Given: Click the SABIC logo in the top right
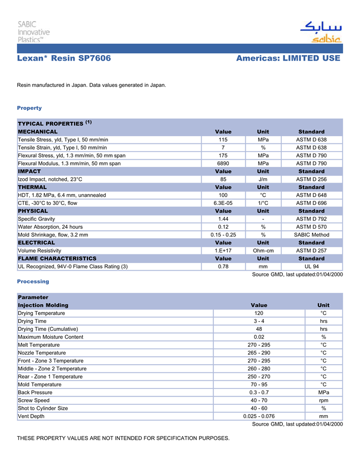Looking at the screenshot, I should tap(320, 31).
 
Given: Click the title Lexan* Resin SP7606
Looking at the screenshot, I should tap(64, 59).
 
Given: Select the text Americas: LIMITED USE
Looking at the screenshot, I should tap(288, 59).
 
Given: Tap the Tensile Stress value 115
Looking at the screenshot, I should tap(223, 140).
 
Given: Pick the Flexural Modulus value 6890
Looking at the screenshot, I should tap(223, 163).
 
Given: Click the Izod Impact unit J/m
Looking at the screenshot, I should tap(263, 179).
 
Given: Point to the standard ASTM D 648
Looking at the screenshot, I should tap(311, 195).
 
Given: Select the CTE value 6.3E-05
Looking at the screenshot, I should tap(223, 203).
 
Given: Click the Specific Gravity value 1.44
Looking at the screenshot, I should tap(223, 219).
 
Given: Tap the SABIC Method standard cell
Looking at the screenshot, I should tap(311, 235).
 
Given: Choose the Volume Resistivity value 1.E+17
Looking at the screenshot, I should tap(223, 251).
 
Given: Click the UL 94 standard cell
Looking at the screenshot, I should tap(311, 267).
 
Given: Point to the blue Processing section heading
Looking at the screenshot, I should tap(33, 282).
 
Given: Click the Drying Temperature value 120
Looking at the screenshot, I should tap(259, 313).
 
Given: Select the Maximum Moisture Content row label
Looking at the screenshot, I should tap(50, 337).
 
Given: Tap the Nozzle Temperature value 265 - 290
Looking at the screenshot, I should tap(259, 353).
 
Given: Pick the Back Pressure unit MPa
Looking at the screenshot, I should tap(323, 393).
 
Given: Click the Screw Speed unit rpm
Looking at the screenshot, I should tap(323, 400).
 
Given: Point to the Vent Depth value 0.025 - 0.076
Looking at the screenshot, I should tap(259, 416).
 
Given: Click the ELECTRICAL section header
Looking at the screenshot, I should tap(37, 243).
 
